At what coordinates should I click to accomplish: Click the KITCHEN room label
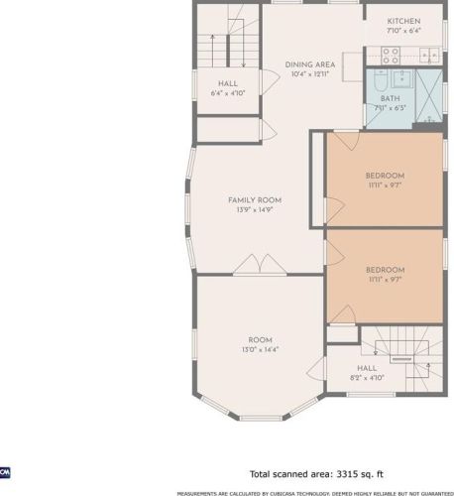click(403, 21)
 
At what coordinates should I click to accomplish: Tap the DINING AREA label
click(310, 64)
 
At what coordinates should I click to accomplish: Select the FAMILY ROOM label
click(255, 200)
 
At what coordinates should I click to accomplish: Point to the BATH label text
click(391, 98)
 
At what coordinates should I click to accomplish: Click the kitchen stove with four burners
click(391, 56)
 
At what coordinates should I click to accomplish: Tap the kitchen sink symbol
click(429, 56)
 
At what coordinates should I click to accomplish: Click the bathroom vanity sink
click(402, 78)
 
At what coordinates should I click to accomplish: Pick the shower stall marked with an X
click(429, 95)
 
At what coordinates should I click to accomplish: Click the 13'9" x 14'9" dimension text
click(255, 209)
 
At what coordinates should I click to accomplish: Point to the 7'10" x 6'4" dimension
click(403, 31)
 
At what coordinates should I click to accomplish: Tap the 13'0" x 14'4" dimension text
click(261, 349)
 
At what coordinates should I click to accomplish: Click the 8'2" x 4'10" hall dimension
click(367, 378)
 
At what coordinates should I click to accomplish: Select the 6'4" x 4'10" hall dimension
click(228, 93)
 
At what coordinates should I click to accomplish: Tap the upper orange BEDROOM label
click(385, 176)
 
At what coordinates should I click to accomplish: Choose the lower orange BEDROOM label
click(386, 270)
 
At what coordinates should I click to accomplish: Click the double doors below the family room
click(260, 265)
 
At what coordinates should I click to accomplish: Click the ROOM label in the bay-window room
click(261, 340)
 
